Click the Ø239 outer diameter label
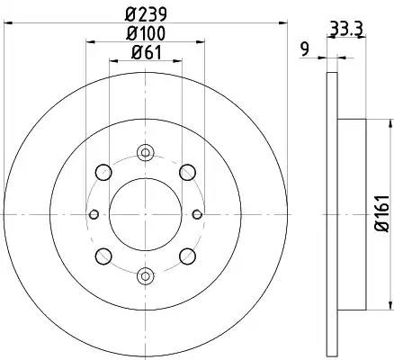tap(146, 14)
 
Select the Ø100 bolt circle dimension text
tap(146, 33)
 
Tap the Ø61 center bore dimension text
tap(147, 53)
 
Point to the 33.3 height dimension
tap(346, 29)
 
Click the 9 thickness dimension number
tap(305, 49)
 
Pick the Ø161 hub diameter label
tap(381, 213)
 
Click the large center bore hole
tap(146, 214)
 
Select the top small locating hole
tap(146, 153)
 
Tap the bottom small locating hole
tap(146, 276)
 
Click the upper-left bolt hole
tap(103, 173)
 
